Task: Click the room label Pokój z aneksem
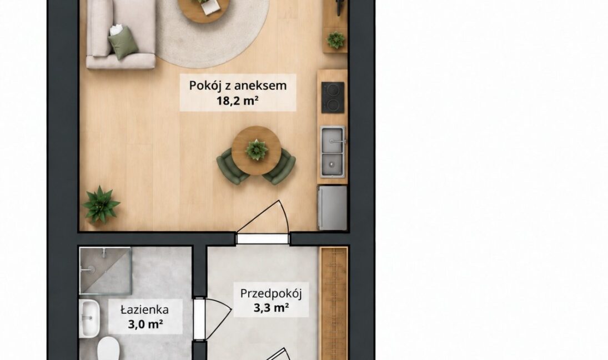point(238,86)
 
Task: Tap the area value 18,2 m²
point(238,101)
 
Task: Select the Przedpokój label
point(270,293)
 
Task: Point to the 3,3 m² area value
point(271,308)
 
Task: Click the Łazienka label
point(144,309)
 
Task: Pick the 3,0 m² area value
point(145,324)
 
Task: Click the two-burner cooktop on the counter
point(333,97)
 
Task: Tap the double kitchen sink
point(332,152)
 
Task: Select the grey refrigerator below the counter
point(332,208)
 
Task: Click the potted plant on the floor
point(101,204)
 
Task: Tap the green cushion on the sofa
point(123,42)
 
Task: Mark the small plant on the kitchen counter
point(335,39)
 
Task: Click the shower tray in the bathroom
point(105,271)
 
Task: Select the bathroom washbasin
point(89,318)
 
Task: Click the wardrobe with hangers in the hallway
point(334,303)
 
